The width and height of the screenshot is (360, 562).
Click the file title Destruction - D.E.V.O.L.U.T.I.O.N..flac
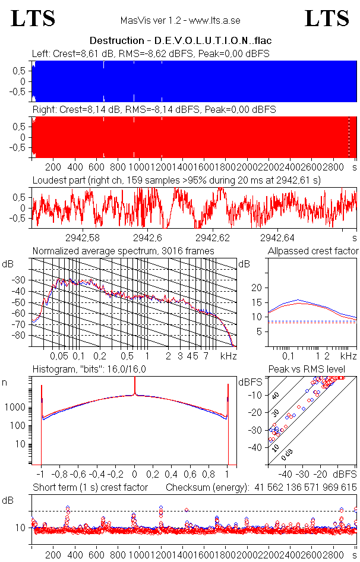coord(179,41)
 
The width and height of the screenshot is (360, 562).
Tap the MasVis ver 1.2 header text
coord(180,20)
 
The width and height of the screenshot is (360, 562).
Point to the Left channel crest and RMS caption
coord(151,53)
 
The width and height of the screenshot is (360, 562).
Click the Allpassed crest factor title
coord(313,251)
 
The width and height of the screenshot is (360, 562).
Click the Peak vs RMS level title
coord(307,370)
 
